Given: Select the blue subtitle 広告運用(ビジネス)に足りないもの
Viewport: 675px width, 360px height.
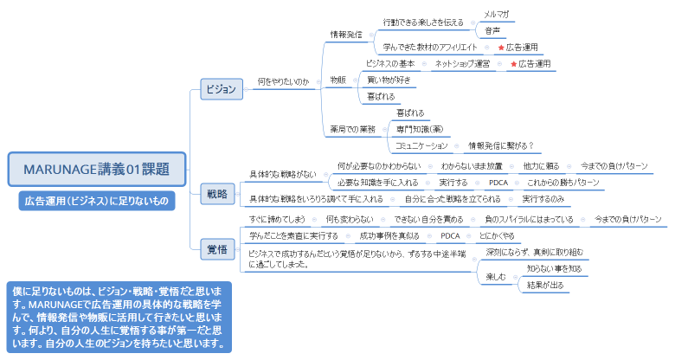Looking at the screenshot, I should click(96, 201).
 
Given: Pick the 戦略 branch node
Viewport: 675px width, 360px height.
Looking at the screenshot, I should click(218, 194).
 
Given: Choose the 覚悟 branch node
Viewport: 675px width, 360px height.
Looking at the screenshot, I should click(218, 249).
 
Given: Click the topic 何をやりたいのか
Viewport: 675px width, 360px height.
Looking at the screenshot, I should click(283, 82).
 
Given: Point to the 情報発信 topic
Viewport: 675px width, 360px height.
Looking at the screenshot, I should click(346, 35).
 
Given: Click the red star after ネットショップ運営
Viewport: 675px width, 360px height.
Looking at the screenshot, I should click(513, 64).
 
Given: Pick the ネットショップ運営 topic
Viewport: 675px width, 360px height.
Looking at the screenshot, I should click(462, 64).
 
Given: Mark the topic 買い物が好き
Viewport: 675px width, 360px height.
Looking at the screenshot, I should click(389, 80).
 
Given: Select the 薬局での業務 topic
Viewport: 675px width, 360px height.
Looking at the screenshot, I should click(352, 129).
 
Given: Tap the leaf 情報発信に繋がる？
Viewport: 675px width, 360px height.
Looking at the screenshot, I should click(501, 145).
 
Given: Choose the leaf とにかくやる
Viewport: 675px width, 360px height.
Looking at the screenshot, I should click(497, 235).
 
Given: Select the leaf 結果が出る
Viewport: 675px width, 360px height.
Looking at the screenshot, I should click(544, 284).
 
